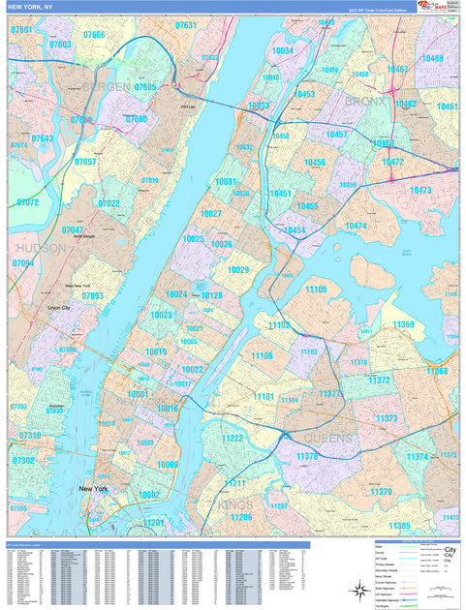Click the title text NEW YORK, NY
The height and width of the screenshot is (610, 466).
click(x=32, y=7)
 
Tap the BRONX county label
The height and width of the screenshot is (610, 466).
click(x=363, y=101)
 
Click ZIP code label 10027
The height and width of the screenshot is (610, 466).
click(x=210, y=213)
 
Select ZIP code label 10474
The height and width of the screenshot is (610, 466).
click(x=356, y=226)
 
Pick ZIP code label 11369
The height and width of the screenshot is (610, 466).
click(x=403, y=324)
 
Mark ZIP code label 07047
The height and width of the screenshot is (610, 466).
click(x=73, y=230)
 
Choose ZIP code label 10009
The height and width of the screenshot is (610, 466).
click(x=168, y=465)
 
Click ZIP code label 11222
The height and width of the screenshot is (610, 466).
click(x=232, y=438)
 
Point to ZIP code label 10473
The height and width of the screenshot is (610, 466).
click(x=419, y=191)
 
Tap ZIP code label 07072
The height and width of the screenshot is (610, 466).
click(x=27, y=202)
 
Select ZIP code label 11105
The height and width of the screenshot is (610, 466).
click(x=316, y=290)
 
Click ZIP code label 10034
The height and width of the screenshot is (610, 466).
click(x=282, y=50)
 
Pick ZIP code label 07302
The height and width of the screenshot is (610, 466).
click(x=24, y=461)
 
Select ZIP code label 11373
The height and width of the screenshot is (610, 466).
click(x=386, y=418)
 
